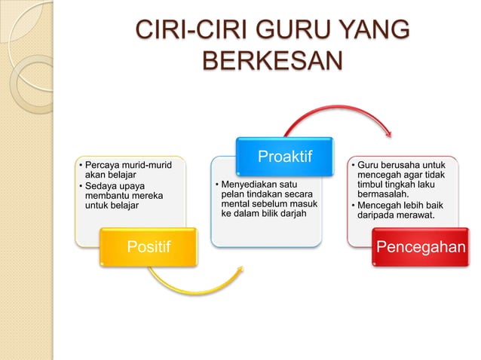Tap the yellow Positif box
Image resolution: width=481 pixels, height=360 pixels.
pos(149,246)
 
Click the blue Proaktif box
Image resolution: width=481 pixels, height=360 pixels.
pos(285,157)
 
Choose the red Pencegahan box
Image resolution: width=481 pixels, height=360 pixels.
pos(421,246)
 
